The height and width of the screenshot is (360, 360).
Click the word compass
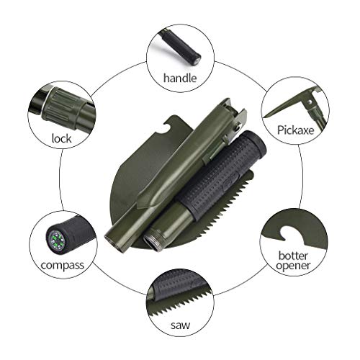[63, 265]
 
